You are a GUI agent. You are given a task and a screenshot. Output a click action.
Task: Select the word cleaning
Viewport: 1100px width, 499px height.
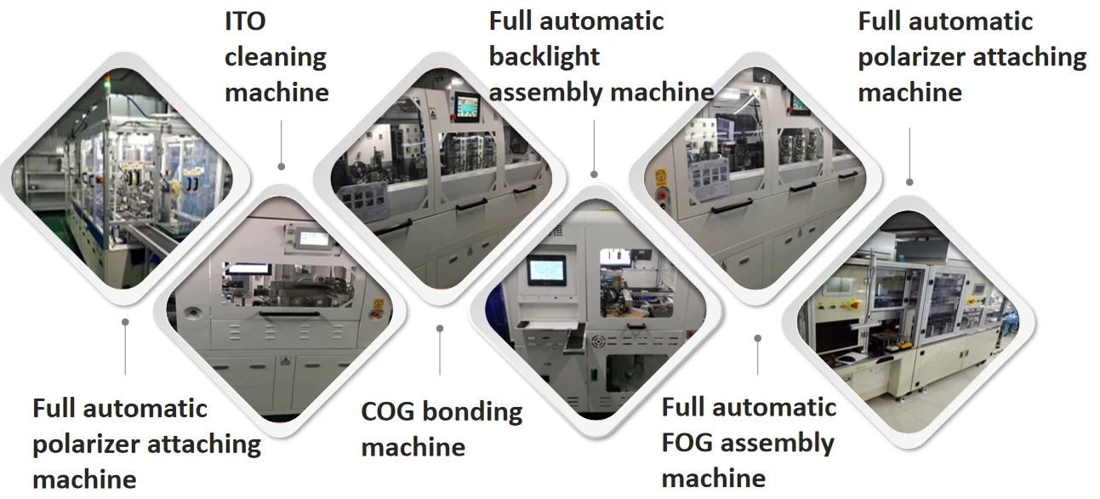click(276, 57)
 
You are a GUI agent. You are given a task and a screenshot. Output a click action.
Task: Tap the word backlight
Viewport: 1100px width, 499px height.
click(544, 57)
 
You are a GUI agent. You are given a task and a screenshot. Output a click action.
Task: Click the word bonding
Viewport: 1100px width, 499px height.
click(472, 413)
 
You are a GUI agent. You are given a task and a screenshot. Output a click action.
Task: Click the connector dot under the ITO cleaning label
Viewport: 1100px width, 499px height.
click(282, 166)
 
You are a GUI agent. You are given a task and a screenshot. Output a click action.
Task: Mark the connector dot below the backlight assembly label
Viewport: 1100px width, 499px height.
click(594, 174)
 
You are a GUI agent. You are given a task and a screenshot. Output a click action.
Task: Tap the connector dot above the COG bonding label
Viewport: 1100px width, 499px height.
click(440, 328)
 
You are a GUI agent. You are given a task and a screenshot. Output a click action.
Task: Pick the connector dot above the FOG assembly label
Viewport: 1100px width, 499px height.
click(757, 338)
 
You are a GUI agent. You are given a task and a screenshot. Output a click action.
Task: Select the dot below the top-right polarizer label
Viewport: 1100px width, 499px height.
click(909, 181)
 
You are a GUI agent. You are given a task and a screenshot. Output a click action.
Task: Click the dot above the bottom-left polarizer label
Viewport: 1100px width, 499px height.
click(125, 322)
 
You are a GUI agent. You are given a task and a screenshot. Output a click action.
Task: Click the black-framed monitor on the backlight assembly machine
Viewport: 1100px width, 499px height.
click(544, 271)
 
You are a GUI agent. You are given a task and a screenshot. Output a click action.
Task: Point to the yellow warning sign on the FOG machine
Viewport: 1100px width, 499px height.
click(659, 175)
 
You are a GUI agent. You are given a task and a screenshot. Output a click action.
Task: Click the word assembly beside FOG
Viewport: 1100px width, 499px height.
click(779, 443)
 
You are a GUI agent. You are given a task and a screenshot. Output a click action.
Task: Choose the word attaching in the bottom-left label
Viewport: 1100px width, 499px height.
click(204, 444)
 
